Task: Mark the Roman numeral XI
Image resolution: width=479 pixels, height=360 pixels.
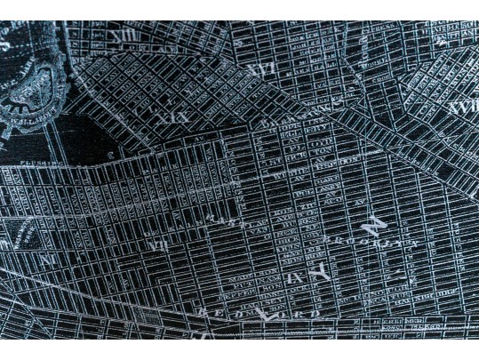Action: [x=50, y=260]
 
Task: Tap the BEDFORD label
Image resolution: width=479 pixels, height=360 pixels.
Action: [x=258, y=313]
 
